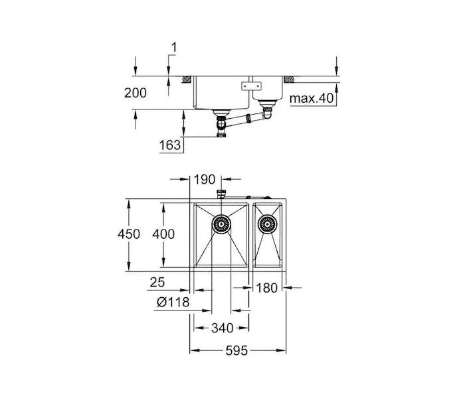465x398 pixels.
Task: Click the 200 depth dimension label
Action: (x=136, y=93)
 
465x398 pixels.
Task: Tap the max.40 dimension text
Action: (x=312, y=98)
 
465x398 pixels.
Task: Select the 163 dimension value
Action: (x=170, y=145)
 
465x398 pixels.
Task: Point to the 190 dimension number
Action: (x=205, y=180)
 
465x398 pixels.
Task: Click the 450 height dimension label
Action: (x=129, y=234)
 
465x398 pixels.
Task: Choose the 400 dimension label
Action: (x=163, y=234)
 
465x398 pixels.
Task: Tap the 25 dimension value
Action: (x=157, y=282)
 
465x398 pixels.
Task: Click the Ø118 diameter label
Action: (x=173, y=302)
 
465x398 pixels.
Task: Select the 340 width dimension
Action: (x=222, y=328)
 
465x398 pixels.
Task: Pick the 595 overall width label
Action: (x=236, y=351)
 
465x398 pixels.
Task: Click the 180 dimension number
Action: (x=266, y=288)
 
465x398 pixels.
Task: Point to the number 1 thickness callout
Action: (x=174, y=47)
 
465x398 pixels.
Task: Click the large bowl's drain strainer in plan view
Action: (x=221, y=224)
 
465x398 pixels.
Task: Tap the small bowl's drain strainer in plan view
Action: (x=268, y=224)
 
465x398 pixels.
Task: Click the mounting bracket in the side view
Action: (x=252, y=86)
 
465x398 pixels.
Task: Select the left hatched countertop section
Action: (x=186, y=80)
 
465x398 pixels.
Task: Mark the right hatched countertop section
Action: (x=289, y=80)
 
